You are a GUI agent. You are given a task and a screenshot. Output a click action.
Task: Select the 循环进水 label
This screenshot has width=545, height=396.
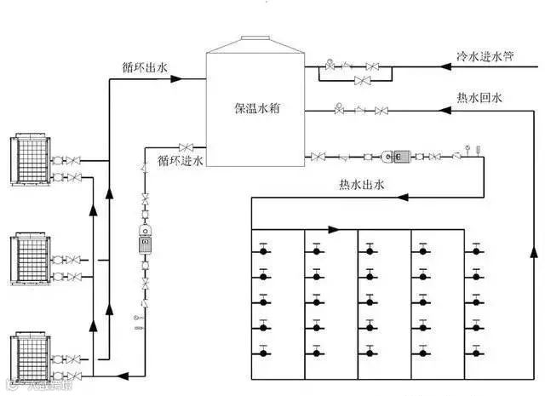(181, 159)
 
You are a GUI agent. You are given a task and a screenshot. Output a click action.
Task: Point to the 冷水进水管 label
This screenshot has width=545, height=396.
(485, 55)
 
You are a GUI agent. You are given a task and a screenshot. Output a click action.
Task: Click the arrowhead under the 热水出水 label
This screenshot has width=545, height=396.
(404, 197)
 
